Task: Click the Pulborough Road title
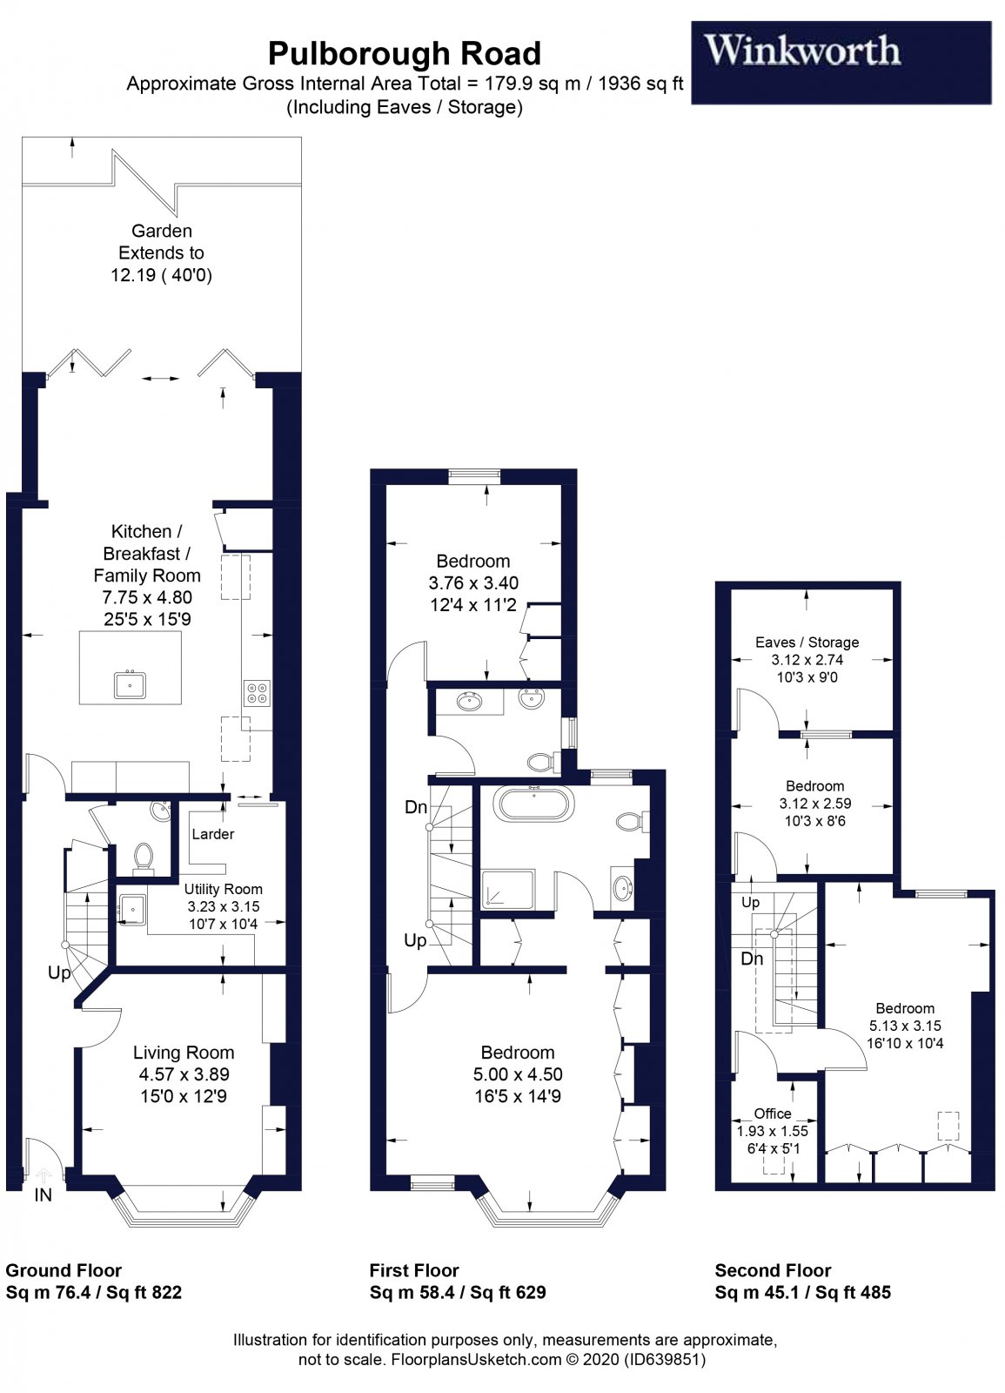point(404,54)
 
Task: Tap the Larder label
point(213,834)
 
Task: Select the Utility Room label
point(223,889)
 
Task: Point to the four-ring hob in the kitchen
point(258,692)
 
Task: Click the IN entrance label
point(43,1195)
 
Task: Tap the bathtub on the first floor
point(533,803)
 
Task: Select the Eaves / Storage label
point(807,643)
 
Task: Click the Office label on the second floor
point(773,1114)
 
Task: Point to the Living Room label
point(183,1053)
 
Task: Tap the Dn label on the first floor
point(416,807)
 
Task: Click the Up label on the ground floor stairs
point(59,972)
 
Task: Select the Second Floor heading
point(773,1270)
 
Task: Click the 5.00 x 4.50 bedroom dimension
point(517,1074)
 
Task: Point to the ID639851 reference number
point(665,1359)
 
